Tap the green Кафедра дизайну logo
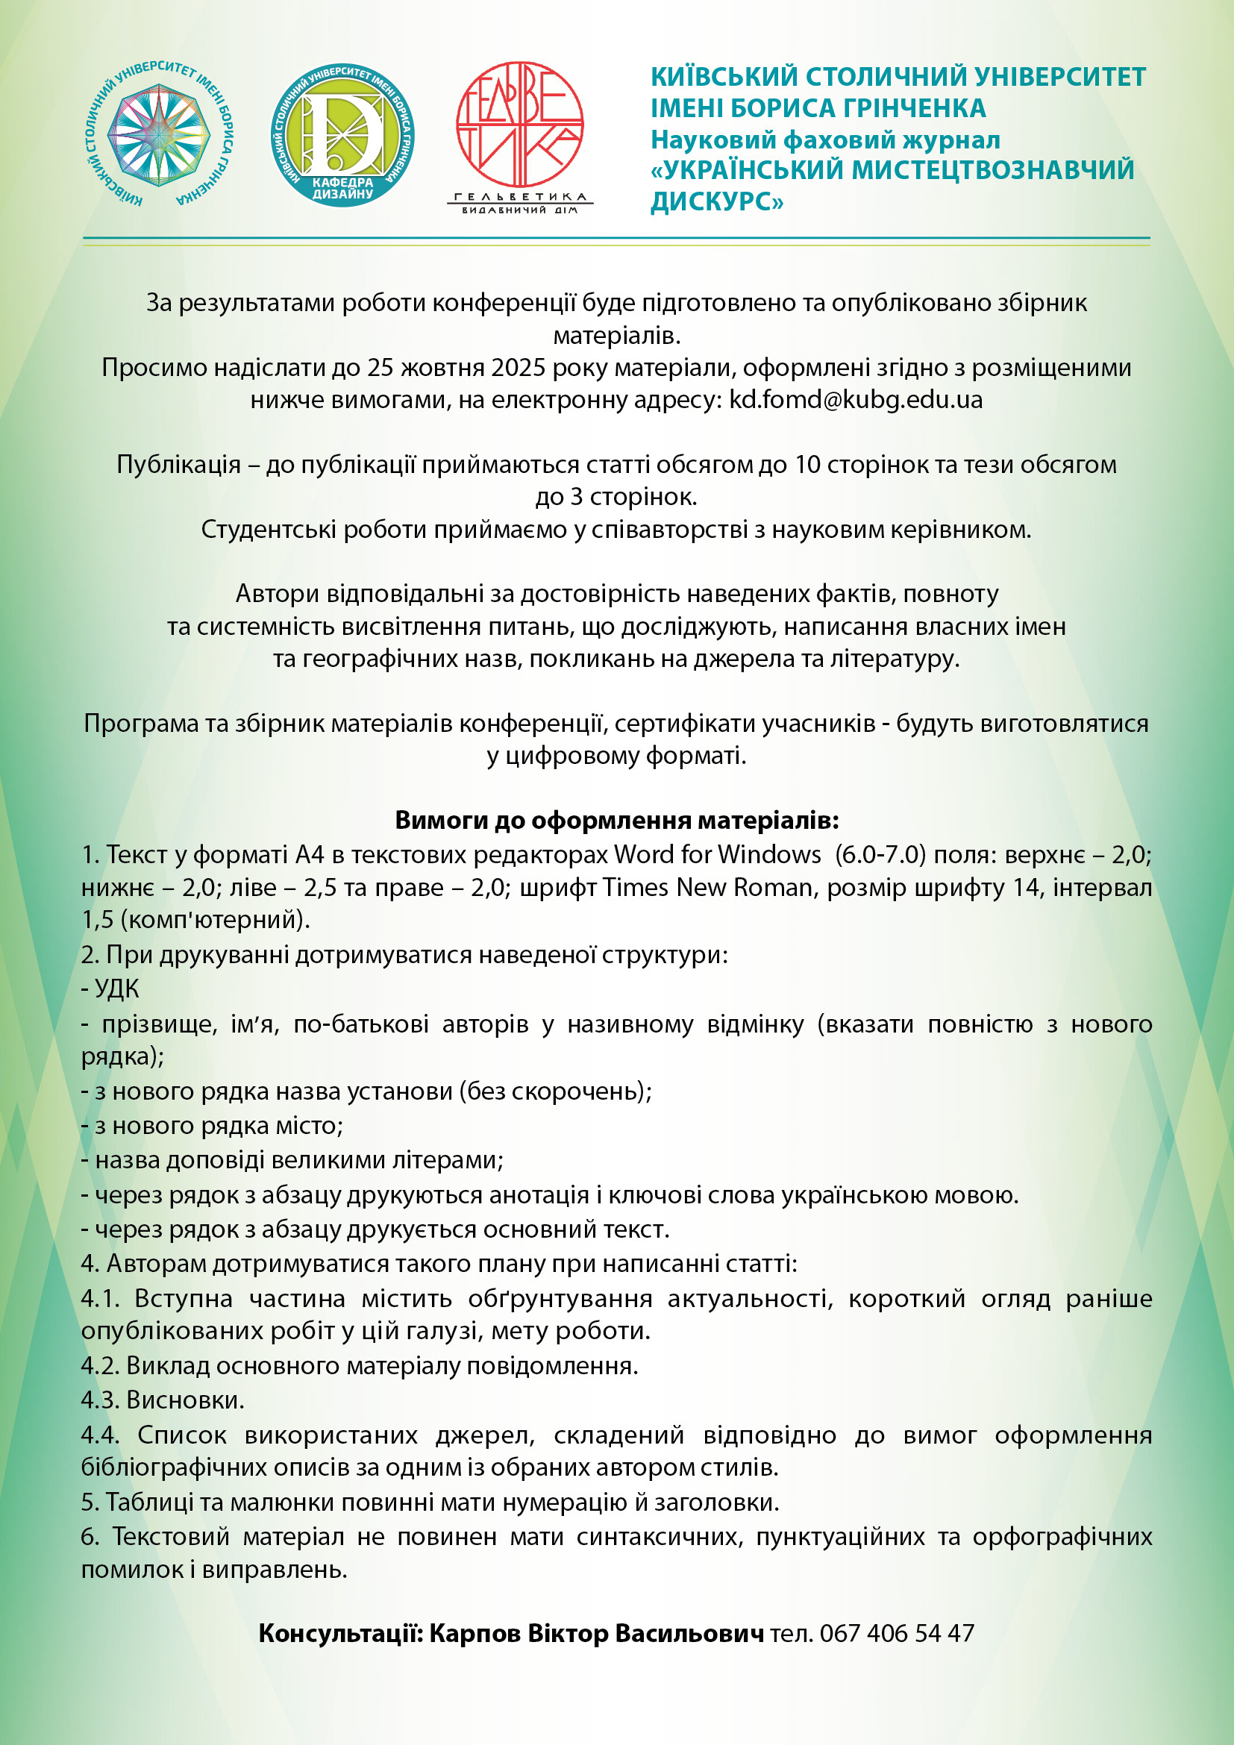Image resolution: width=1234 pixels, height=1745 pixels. coord(342,134)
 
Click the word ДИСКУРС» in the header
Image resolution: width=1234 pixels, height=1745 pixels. coord(715,202)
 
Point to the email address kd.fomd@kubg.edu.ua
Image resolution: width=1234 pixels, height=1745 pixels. coord(856,400)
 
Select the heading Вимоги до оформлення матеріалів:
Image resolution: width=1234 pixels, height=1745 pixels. coord(616,820)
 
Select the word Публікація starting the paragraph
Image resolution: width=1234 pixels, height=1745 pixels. coord(178,464)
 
